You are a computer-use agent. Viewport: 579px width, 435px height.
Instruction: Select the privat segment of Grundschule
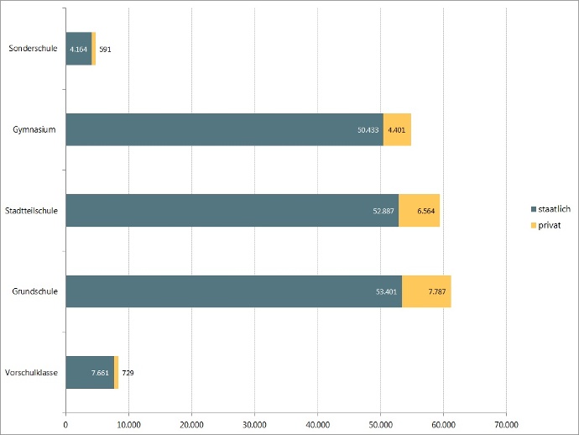pyautogui.click(x=426, y=291)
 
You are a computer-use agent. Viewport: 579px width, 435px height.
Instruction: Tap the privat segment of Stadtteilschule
pyautogui.click(x=419, y=211)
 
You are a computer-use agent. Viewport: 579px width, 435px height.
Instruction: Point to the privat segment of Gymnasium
pyautogui.click(x=397, y=129)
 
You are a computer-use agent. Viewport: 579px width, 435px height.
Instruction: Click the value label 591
pyautogui.click(x=105, y=50)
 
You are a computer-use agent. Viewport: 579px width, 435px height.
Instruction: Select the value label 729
pyautogui.click(x=128, y=372)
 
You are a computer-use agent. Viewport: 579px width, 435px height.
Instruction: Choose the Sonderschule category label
pyautogui.click(x=33, y=49)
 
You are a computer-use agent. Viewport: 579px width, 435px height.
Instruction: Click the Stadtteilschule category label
pyautogui.click(x=31, y=211)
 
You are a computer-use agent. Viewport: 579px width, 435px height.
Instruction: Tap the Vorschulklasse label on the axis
pyautogui.click(x=31, y=372)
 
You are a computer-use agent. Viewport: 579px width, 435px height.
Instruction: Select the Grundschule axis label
pyautogui.click(x=34, y=291)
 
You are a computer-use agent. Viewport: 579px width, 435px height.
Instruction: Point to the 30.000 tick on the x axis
pyautogui.click(x=254, y=424)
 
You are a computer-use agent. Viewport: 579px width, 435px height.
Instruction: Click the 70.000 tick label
pyautogui.click(x=506, y=424)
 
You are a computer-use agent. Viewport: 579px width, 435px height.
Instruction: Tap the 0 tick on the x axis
pyautogui.click(x=65, y=424)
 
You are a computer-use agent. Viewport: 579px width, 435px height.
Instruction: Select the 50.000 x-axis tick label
pyautogui.click(x=380, y=424)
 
